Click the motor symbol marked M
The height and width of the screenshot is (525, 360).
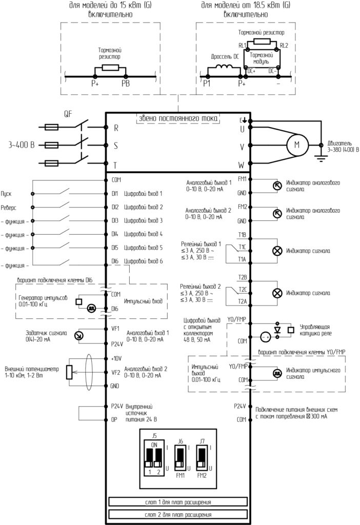297,145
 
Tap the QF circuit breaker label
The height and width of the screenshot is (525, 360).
68,114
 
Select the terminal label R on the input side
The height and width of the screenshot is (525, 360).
116,128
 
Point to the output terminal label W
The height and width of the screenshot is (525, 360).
242,165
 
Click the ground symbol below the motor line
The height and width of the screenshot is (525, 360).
321,158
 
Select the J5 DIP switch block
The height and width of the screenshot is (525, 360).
154,454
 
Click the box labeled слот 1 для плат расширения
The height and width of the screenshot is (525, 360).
178,502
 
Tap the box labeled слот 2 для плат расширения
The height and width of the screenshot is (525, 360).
178,514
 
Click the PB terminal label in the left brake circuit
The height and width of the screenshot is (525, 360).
126,84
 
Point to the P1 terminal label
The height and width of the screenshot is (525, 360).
207,83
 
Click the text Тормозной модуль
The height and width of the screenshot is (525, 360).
261,58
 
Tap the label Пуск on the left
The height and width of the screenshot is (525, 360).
6,194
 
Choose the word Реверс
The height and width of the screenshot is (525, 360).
8,208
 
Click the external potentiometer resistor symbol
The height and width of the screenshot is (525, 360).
69,372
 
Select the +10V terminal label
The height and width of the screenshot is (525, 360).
116,358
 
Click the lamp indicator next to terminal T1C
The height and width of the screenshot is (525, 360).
277,251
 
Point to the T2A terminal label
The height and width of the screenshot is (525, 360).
242,301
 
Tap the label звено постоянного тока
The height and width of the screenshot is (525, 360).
178,118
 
